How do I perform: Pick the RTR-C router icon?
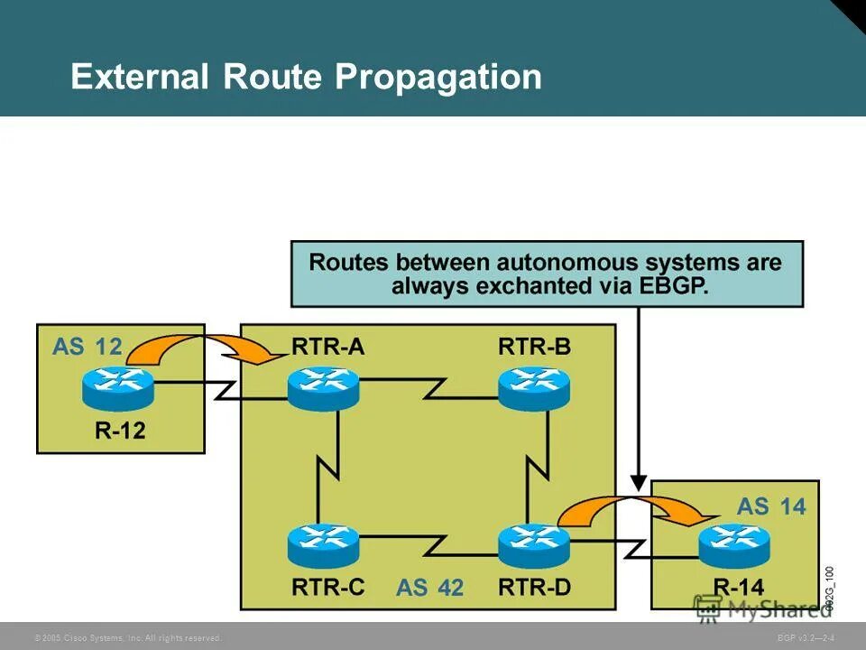click(323, 544)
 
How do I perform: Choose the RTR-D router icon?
click(534, 544)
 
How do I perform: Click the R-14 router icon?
click(734, 544)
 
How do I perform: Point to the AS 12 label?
click(87, 347)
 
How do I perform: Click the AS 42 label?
click(429, 588)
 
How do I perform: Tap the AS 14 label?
click(770, 506)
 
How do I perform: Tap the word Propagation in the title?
click(438, 78)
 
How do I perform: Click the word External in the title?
click(141, 78)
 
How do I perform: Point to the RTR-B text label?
click(534, 348)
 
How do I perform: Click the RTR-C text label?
click(328, 587)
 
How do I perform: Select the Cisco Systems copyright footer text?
click(127, 638)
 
